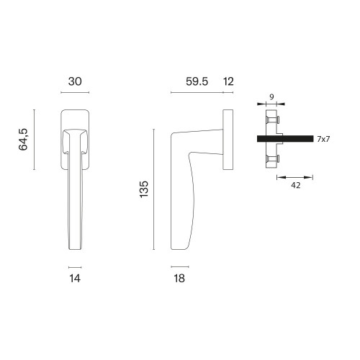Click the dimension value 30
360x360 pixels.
point(75,81)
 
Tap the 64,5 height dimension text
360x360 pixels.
point(23,140)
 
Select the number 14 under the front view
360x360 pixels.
point(75,279)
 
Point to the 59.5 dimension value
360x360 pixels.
point(197,81)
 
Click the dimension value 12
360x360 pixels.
point(228,81)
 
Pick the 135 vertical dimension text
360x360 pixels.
point(144,189)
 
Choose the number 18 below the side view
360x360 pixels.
point(179,279)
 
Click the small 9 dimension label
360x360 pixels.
point(271,97)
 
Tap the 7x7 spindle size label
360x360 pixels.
point(323,139)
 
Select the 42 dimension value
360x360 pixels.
point(295,185)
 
